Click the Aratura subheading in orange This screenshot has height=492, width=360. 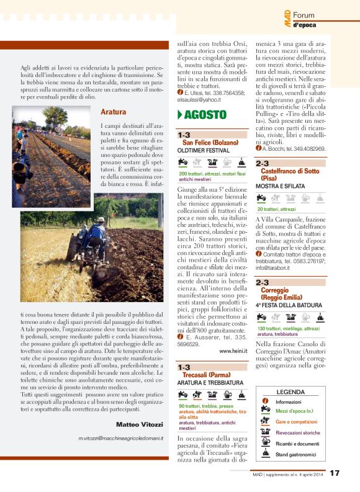114,112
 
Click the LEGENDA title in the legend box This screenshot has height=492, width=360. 290,392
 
